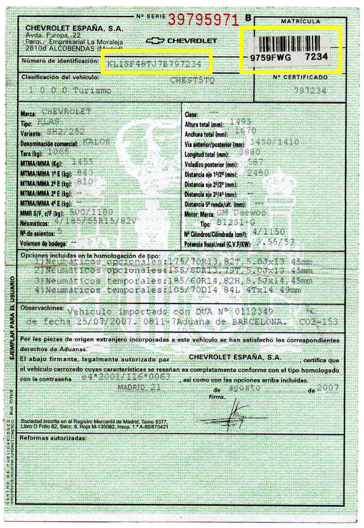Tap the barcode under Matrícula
(x=290, y=44)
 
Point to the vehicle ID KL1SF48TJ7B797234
(x=154, y=64)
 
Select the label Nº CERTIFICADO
(x=300, y=77)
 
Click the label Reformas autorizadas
(x=53, y=437)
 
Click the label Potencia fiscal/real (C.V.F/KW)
(x=218, y=245)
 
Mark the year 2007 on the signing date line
(x=327, y=388)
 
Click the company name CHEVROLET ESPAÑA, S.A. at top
(x=74, y=28)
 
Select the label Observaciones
(x=42, y=308)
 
